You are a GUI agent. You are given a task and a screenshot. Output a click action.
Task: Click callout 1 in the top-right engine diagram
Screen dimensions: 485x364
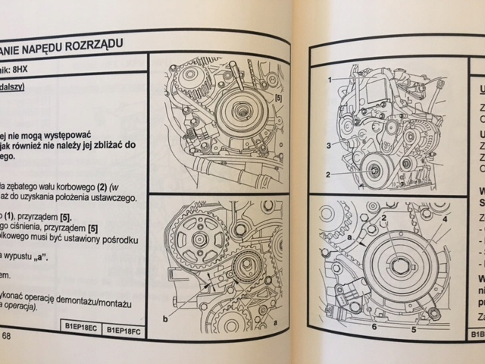tap(330, 79)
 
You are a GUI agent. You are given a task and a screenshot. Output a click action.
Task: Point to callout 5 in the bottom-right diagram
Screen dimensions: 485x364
tap(414, 328)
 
